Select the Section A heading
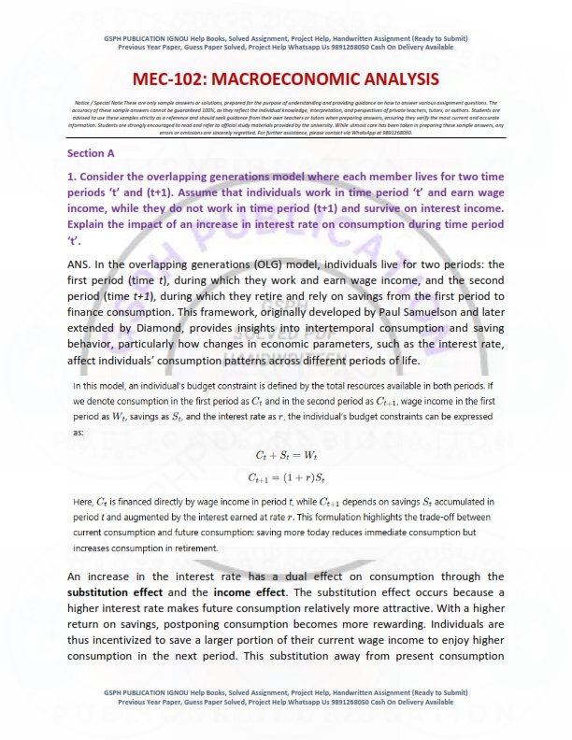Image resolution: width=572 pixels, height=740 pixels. (x=92, y=151)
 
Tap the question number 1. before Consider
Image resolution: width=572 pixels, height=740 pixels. (x=71, y=175)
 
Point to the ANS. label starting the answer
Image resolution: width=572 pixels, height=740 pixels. (x=81, y=264)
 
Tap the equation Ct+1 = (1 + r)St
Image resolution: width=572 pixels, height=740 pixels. (x=285, y=477)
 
